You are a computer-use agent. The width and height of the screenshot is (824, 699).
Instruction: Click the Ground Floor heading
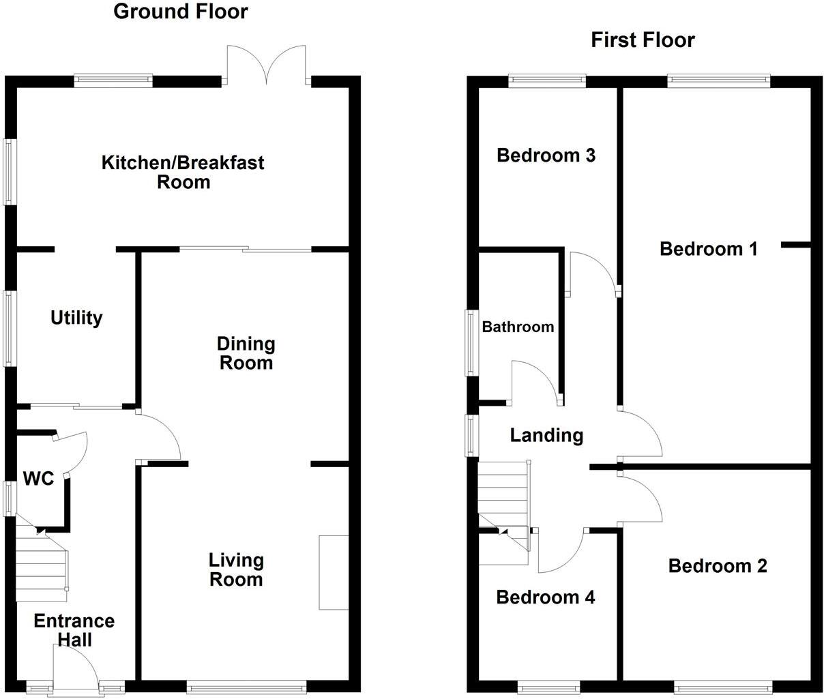(x=180, y=12)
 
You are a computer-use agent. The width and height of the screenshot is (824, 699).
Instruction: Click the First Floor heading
(x=643, y=40)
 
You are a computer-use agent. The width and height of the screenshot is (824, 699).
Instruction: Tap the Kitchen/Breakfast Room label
(x=183, y=173)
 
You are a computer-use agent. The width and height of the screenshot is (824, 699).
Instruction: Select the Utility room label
(x=76, y=318)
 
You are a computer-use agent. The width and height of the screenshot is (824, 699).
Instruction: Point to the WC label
(x=39, y=479)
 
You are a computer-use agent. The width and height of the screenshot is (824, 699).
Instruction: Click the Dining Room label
(x=246, y=353)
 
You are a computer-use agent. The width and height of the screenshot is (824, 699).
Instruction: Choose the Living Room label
(x=236, y=570)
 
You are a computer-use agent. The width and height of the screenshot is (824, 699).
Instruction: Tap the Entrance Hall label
(x=74, y=630)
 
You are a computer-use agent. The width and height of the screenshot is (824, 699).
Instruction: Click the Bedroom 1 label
(x=709, y=249)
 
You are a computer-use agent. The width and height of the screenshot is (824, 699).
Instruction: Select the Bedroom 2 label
(x=718, y=566)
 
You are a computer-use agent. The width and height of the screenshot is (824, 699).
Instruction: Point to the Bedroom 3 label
(x=546, y=155)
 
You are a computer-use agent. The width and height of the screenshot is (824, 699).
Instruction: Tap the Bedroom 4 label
(x=545, y=598)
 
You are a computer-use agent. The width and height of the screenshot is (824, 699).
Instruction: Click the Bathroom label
(x=518, y=327)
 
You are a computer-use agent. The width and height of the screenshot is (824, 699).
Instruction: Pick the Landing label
(x=546, y=435)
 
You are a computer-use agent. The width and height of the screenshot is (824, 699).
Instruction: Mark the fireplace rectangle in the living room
(x=334, y=572)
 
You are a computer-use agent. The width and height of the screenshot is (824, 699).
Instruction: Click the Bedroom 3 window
(x=547, y=80)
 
